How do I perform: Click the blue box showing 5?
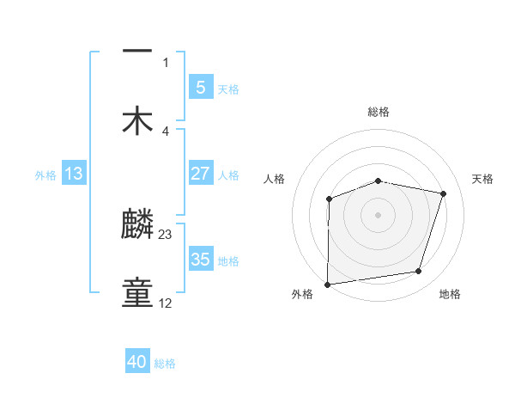point(200,88)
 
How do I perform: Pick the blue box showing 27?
point(200,174)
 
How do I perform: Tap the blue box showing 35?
point(200,260)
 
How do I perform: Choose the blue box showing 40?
point(137,363)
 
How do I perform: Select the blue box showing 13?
point(73,174)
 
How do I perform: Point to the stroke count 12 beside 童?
point(166,303)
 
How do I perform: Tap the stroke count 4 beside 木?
point(166,131)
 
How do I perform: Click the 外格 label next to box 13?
point(45,175)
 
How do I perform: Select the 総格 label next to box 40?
point(165,364)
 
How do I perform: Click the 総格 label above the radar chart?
point(379,112)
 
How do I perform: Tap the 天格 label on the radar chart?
point(483,179)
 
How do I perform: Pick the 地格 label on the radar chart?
point(450,295)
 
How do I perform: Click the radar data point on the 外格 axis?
point(328,284)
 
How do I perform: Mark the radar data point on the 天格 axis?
point(444,193)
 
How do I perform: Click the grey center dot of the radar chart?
point(379,214)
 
